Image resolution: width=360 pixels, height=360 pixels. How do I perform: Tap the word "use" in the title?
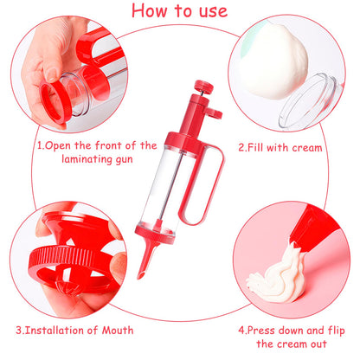[x=210, y=11]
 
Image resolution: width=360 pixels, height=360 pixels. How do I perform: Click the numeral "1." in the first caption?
[x=41, y=146]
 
